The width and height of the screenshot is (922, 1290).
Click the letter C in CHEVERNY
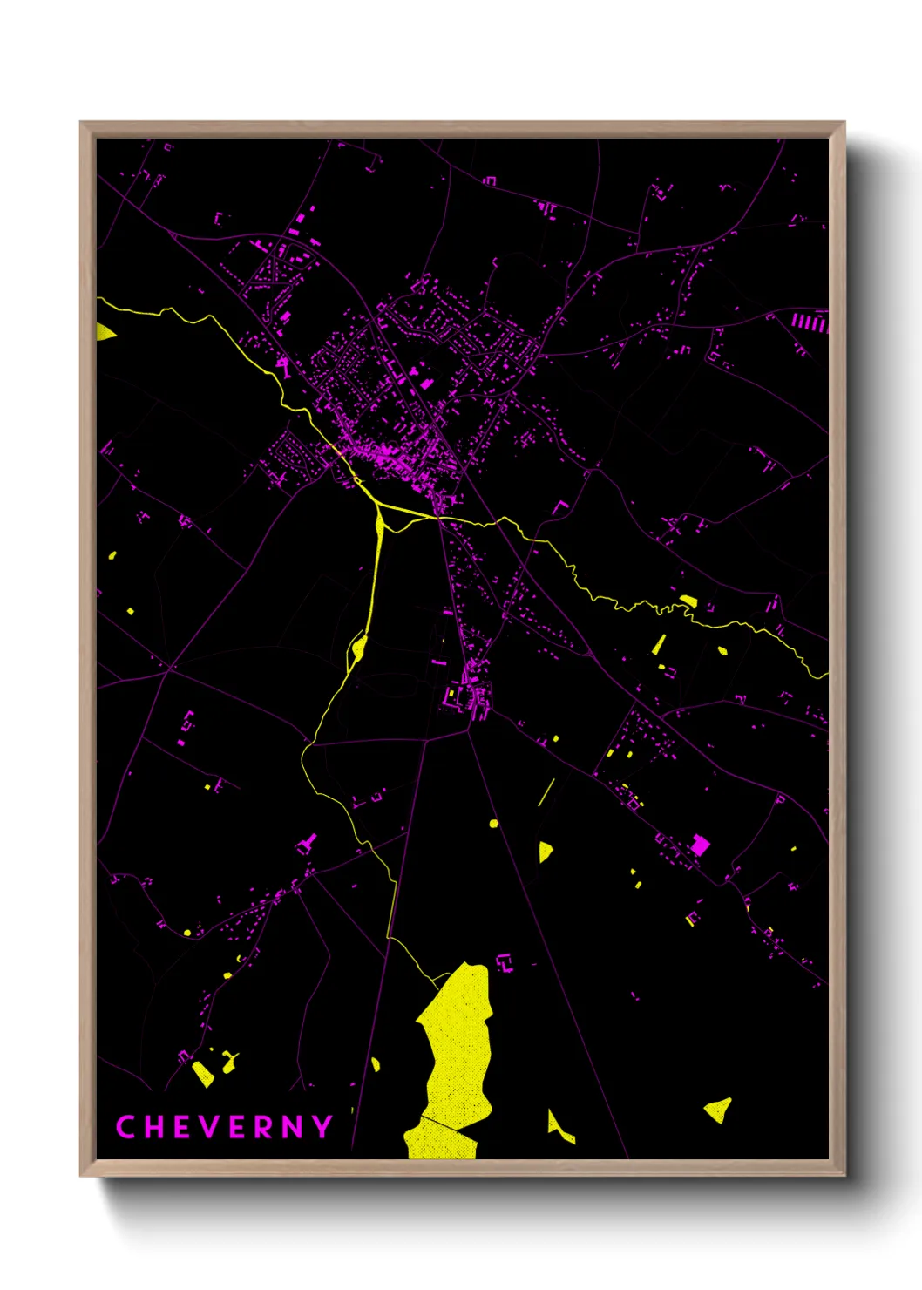point(125,1127)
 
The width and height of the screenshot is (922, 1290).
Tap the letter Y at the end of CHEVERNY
point(323,1127)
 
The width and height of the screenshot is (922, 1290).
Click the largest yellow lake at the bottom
point(456,1046)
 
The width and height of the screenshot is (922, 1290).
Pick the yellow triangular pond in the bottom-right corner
point(719,1110)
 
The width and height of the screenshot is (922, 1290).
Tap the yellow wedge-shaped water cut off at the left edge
point(105,333)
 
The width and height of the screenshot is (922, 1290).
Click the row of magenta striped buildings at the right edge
point(809,322)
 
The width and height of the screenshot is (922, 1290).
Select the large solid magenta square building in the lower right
point(700,845)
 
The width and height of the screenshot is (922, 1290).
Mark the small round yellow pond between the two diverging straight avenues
point(494,823)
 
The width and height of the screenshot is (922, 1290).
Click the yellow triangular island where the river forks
point(380,524)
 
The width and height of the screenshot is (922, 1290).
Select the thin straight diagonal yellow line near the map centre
point(546,791)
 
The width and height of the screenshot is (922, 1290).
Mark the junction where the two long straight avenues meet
point(469,730)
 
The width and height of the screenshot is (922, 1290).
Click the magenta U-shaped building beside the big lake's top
point(505,963)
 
